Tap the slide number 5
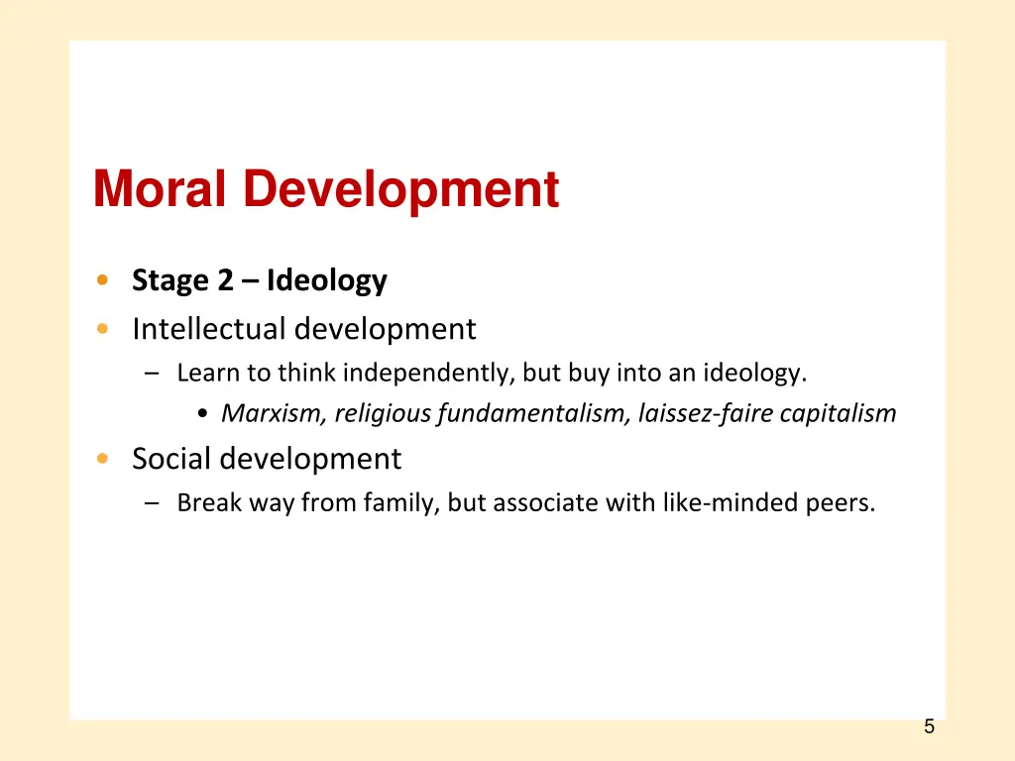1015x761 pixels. click(x=929, y=726)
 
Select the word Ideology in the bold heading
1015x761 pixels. click(x=326, y=281)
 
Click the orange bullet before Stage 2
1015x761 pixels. click(x=103, y=281)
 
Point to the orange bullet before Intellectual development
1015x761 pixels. click(x=103, y=329)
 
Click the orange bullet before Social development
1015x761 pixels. click(x=103, y=459)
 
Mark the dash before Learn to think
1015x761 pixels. click(x=150, y=375)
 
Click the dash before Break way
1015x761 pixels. click(x=150, y=504)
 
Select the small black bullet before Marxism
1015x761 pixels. click(x=202, y=414)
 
